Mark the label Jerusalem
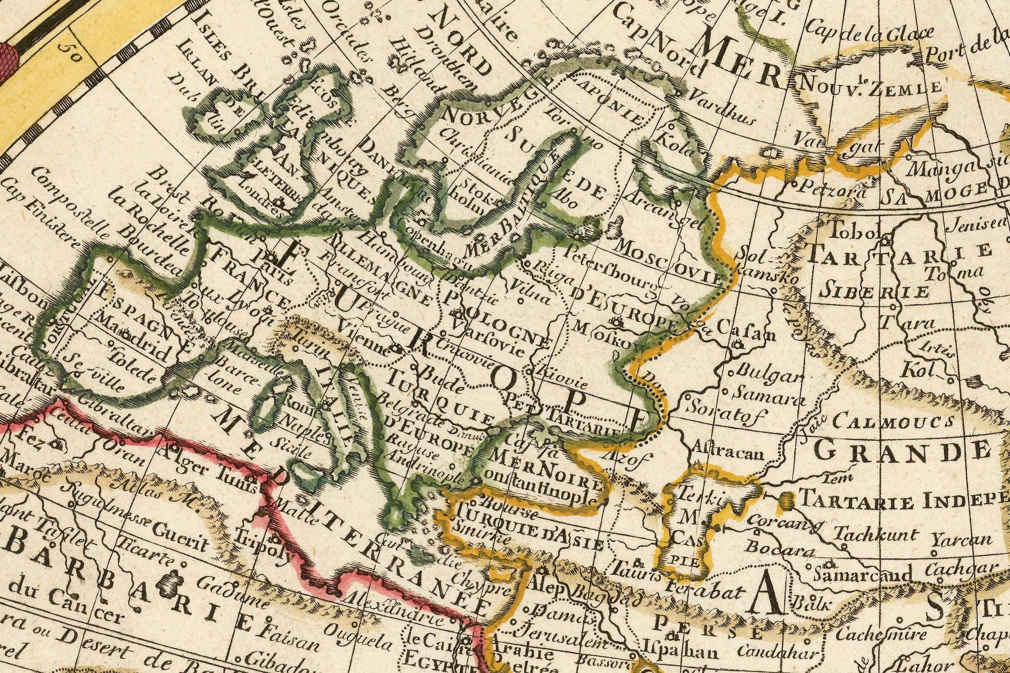click(561, 637)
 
